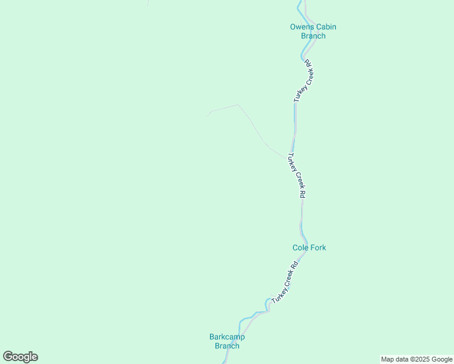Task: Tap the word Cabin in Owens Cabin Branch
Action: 325,27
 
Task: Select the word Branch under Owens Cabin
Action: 313,36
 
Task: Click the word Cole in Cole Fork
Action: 300,248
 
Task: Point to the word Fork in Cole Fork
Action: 318,248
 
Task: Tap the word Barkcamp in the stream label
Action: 227,337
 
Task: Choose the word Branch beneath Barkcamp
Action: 227,346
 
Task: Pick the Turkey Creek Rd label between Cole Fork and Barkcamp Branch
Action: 286,283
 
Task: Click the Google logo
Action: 20,357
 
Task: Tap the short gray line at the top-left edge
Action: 148,3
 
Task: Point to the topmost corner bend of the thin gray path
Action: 237,105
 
